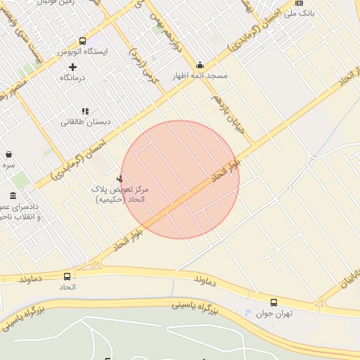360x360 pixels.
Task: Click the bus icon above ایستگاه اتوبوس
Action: tap(83, 41)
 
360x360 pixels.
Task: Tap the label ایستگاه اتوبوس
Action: tap(83, 53)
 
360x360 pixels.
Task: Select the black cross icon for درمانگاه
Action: tap(72, 67)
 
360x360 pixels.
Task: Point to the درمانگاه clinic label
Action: tap(72, 77)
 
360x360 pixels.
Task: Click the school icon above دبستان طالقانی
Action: tap(85, 110)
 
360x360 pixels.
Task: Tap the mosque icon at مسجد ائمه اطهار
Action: tap(200, 65)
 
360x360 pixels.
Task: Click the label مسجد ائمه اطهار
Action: tap(200, 75)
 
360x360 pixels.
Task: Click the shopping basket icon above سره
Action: tap(8, 154)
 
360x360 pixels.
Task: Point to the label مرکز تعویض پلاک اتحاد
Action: tap(119, 194)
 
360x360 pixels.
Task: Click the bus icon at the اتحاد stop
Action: tap(67, 276)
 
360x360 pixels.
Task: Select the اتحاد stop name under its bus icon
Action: tap(67, 288)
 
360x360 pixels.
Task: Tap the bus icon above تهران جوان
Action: tap(274, 302)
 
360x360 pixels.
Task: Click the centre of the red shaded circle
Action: tap(180, 180)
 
